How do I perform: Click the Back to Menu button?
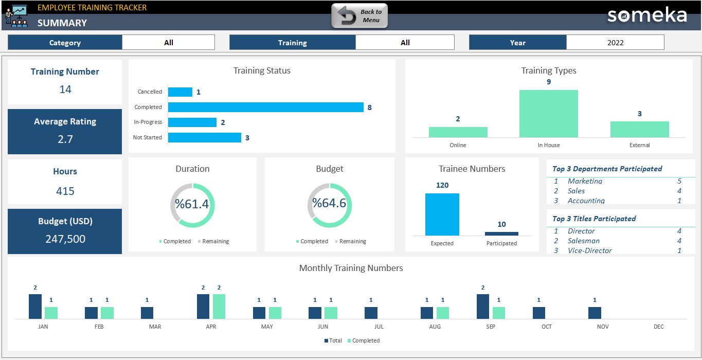[x=359, y=16]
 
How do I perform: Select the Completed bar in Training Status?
[x=265, y=107]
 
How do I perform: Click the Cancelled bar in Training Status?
[x=180, y=92]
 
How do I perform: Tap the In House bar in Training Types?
[x=548, y=114]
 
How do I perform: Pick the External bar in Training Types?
[x=639, y=130]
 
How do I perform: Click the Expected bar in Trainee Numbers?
[x=442, y=214]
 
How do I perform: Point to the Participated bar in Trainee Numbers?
[x=501, y=233]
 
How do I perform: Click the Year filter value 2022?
[x=615, y=43]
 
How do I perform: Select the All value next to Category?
[x=168, y=43]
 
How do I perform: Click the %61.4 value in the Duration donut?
[x=192, y=204]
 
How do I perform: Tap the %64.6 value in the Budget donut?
[x=329, y=203]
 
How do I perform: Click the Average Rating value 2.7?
[x=65, y=139]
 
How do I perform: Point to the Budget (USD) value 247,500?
[x=65, y=239]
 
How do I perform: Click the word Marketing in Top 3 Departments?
[x=585, y=181]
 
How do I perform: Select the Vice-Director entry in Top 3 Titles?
[x=589, y=250]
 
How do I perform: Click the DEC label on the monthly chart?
[x=658, y=327]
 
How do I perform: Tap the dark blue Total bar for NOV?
[x=595, y=313]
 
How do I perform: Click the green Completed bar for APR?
[x=219, y=307]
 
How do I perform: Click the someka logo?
[x=646, y=15]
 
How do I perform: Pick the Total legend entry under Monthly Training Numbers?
[x=333, y=340]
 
